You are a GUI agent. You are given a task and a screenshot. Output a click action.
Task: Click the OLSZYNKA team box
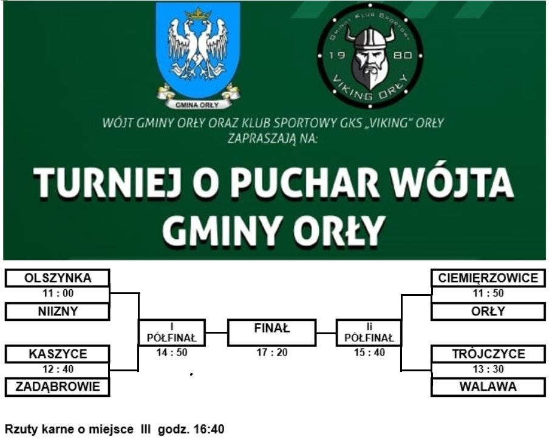pos(57,278)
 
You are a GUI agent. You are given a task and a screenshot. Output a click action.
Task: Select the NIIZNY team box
pos(57,311)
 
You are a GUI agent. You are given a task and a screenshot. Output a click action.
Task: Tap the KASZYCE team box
pos(57,354)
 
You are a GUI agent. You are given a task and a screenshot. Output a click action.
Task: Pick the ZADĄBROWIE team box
pos(57,386)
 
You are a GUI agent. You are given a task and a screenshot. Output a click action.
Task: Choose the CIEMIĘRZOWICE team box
pos(488,278)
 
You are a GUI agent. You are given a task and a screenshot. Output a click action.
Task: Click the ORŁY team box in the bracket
pos(488,311)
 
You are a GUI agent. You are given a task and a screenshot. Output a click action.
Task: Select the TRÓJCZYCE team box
pos(488,354)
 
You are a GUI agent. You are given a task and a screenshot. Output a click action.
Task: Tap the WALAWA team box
pos(488,386)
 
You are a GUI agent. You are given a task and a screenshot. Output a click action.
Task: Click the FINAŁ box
pos(272,332)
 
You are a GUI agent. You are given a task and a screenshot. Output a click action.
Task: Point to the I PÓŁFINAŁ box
pos(172,332)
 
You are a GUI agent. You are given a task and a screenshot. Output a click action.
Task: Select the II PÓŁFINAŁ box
pos(369,332)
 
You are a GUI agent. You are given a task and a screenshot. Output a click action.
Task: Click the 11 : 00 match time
pos(58,293)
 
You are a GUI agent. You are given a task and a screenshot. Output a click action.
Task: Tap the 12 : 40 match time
pos(58,369)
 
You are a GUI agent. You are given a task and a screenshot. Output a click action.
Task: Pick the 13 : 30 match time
pos(488,369)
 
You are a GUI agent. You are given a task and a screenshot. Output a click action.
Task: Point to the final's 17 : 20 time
pos(272,352)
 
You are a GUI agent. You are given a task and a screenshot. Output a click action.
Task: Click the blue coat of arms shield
pos(198,51)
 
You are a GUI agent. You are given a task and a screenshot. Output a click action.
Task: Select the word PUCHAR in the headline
pos(304,182)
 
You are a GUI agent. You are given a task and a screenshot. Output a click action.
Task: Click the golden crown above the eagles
pos(198,14)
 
